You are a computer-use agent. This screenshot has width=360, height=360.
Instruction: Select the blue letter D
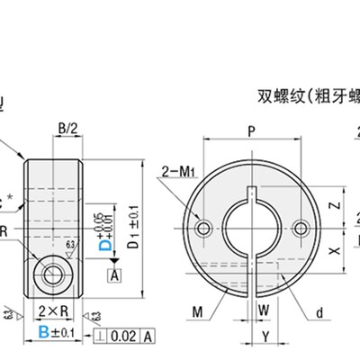tap(103, 241)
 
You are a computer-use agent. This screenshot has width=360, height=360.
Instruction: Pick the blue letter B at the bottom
tap(45, 333)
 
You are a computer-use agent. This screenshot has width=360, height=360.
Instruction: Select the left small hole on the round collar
tap(206, 228)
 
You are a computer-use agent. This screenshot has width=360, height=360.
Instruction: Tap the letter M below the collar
tap(197, 311)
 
